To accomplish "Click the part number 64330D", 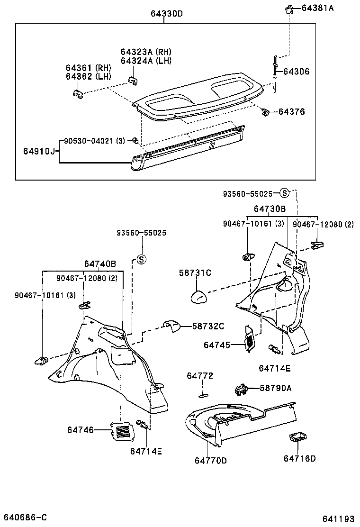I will [167, 14].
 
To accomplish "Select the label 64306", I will [296, 72].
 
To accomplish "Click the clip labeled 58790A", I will [242, 390].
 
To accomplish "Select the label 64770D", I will [211, 460].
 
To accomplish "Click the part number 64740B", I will [100, 263].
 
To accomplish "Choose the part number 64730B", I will [270, 209].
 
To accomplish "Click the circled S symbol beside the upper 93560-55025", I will [284, 193].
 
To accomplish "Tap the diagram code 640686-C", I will [26, 517].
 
